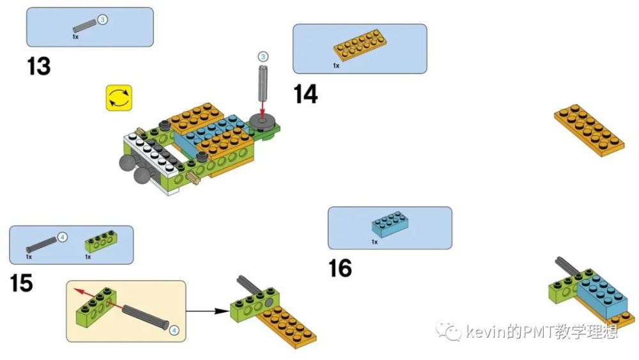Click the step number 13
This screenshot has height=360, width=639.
tap(38, 66)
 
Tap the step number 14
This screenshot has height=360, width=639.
tap(305, 94)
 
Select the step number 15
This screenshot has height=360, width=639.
tap(21, 283)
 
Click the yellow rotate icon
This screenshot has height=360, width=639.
tap(119, 98)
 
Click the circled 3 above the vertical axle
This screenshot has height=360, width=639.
tap(262, 56)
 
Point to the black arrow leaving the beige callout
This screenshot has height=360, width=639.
tap(208, 311)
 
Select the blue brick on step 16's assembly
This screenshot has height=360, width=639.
tap(604, 295)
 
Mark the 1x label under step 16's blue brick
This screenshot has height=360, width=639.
tap(374, 242)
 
